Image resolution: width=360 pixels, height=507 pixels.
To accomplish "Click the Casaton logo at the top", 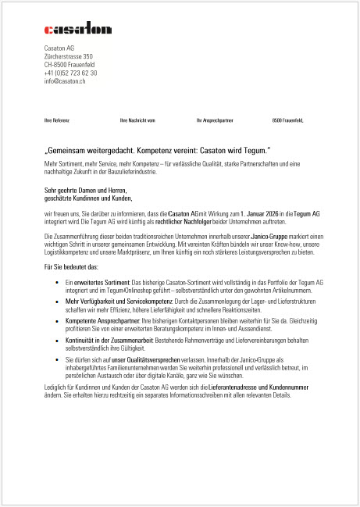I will click(78, 30).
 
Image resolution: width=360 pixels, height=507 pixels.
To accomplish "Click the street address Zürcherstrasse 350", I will click(69, 56).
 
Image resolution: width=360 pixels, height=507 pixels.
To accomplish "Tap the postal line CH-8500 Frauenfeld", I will click(70, 64).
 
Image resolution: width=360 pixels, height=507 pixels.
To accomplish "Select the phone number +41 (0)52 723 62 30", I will click(70, 73).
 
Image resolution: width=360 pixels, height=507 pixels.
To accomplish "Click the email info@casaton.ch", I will click(65, 80).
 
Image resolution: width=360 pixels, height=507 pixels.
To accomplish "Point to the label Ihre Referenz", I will click(57, 120).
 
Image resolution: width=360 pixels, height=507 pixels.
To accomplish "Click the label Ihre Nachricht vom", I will click(138, 120).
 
